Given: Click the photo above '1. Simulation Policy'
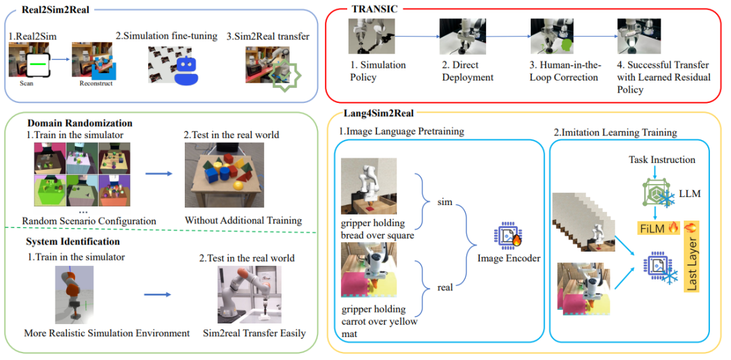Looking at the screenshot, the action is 365,36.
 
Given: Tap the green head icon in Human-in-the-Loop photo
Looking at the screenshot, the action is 565,46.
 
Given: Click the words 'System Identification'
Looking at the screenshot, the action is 72,242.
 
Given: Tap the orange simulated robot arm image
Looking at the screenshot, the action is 74,294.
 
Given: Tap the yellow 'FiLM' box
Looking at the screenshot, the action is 656,228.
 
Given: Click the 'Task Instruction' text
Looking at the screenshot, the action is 661,160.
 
